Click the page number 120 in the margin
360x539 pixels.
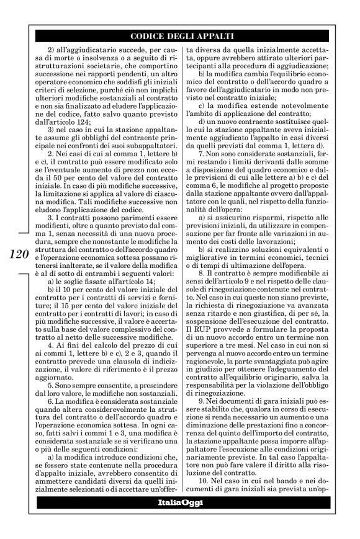pos(18,254)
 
